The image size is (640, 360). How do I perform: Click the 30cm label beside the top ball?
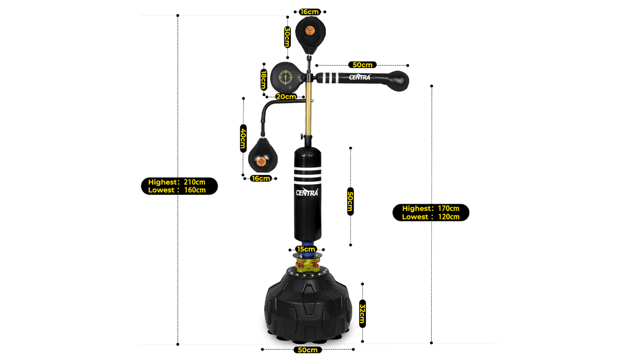(x=288, y=37)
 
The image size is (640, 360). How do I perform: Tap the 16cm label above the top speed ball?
(x=310, y=12)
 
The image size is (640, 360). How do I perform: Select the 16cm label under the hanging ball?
(x=261, y=179)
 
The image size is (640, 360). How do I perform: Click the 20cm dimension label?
(x=286, y=97)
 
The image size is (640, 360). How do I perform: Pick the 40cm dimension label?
(x=243, y=138)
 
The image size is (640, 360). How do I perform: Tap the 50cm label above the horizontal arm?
(x=362, y=65)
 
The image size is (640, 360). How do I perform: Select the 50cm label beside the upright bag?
(x=351, y=201)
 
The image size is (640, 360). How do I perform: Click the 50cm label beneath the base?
(x=308, y=350)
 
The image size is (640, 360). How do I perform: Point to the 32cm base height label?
(x=362, y=314)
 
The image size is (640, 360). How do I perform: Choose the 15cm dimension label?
(x=306, y=249)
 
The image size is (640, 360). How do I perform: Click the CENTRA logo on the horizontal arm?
(x=359, y=77)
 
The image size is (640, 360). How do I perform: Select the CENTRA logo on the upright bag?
(x=307, y=192)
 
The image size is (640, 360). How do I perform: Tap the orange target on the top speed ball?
(x=310, y=31)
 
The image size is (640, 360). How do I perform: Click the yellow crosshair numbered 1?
(x=285, y=78)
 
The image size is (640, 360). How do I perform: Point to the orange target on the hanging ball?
(x=261, y=161)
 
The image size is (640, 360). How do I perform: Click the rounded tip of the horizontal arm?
(x=399, y=81)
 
